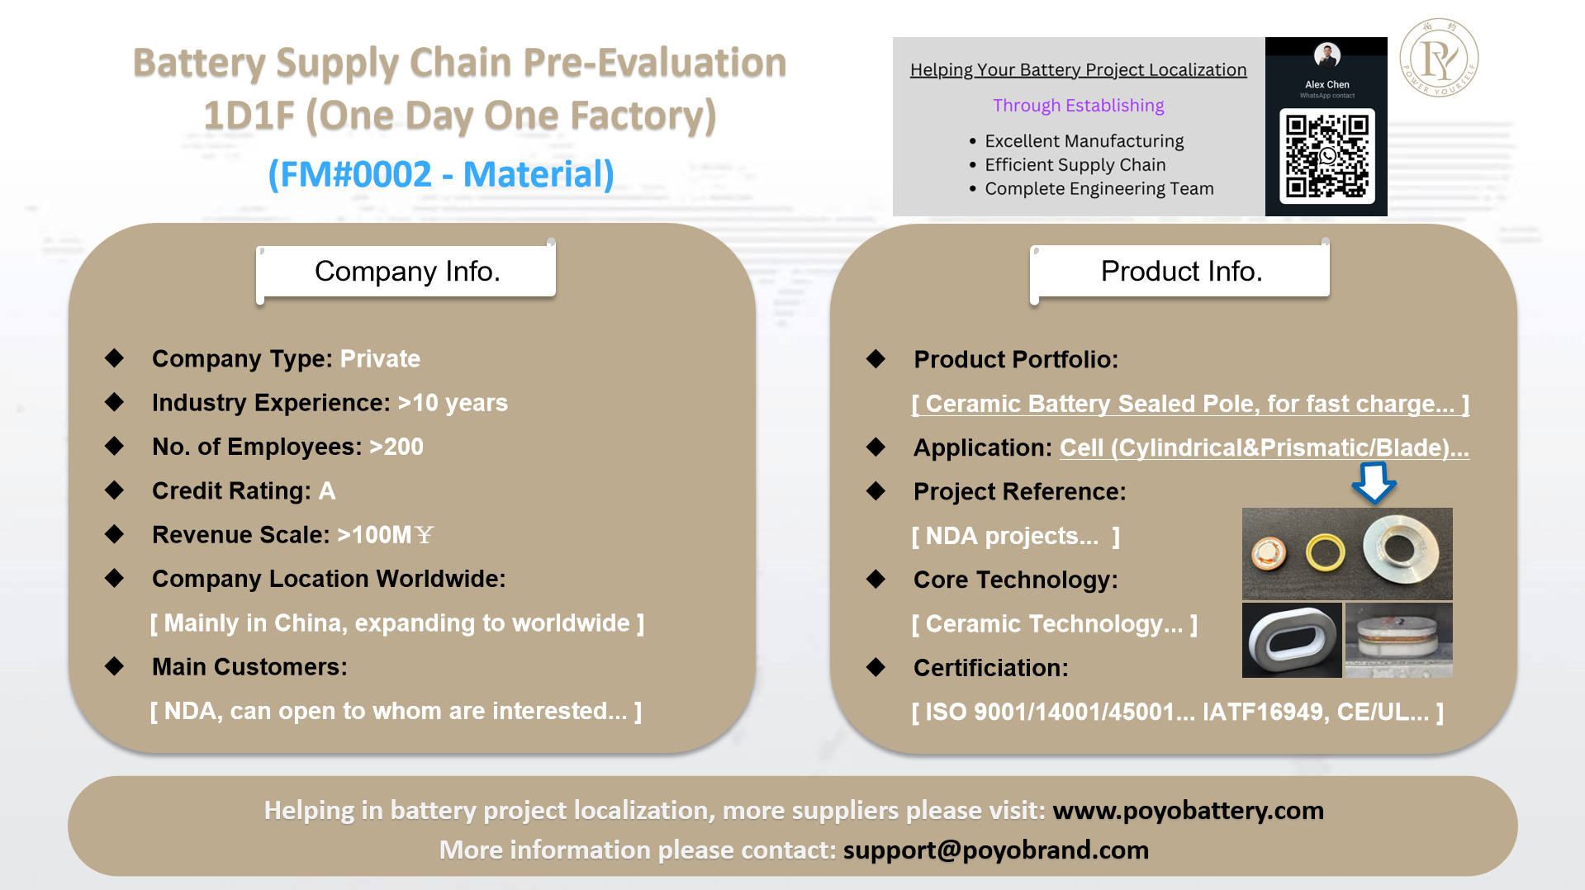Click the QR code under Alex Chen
click(1326, 156)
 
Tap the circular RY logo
click(1439, 58)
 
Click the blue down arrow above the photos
click(1374, 482)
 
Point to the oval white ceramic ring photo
click(1292, 641)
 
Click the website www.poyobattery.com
click(1188, 810)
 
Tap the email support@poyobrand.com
click(995, 850)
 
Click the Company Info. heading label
click(406, 271)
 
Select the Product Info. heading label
click(1180, 271)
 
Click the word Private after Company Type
click(380, 358)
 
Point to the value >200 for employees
click(396, 447)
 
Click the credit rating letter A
click(327, 490)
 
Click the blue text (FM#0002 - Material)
click(441, 174)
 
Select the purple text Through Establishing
click(1078, 106)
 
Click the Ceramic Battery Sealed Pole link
click(1190, 404)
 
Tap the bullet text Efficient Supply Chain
click(1075, 165)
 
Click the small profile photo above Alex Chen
click(1326, 55)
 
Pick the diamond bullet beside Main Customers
click(114, 666)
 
